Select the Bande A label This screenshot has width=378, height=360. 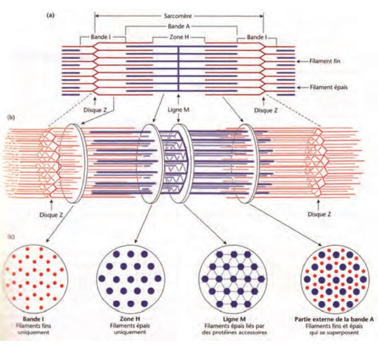click(x=178, y=27)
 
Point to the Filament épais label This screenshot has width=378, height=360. click(x=326, y=87)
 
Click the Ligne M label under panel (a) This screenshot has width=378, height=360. click(x=178, y=108)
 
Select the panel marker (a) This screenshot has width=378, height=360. click(x=50, y=15)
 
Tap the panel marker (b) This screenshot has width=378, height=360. click(x=10, y=118)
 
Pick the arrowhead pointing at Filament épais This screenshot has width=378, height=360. click(x=299, y=87)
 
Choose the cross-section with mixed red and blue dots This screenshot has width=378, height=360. click(x=336, y=277)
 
